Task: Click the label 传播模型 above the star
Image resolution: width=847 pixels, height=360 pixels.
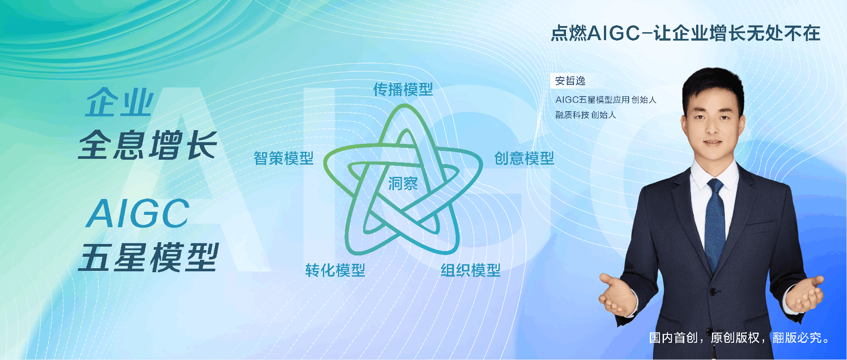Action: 403,90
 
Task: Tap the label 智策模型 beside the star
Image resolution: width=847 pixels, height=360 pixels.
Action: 284,158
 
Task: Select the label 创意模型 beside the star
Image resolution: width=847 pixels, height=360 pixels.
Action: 524,158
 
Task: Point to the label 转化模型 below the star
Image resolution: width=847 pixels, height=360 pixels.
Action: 335,270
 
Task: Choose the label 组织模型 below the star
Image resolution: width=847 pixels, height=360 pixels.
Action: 471,270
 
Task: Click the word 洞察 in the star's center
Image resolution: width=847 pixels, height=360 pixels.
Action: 403,184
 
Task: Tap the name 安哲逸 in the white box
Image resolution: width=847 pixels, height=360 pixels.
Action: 570,81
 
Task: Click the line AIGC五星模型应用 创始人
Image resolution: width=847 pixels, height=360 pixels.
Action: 606,100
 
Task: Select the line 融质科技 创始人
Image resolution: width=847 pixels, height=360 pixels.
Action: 585,115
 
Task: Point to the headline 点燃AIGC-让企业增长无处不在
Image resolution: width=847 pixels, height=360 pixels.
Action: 686,34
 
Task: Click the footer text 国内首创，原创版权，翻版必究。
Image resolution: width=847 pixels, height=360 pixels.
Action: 739,337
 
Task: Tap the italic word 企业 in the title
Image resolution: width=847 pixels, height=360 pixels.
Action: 119,102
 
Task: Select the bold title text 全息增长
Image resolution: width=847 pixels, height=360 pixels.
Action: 148,145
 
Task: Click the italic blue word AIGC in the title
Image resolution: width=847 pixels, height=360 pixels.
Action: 139,214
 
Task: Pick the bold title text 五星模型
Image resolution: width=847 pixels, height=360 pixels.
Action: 149,258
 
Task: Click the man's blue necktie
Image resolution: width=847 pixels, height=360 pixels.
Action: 715,221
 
